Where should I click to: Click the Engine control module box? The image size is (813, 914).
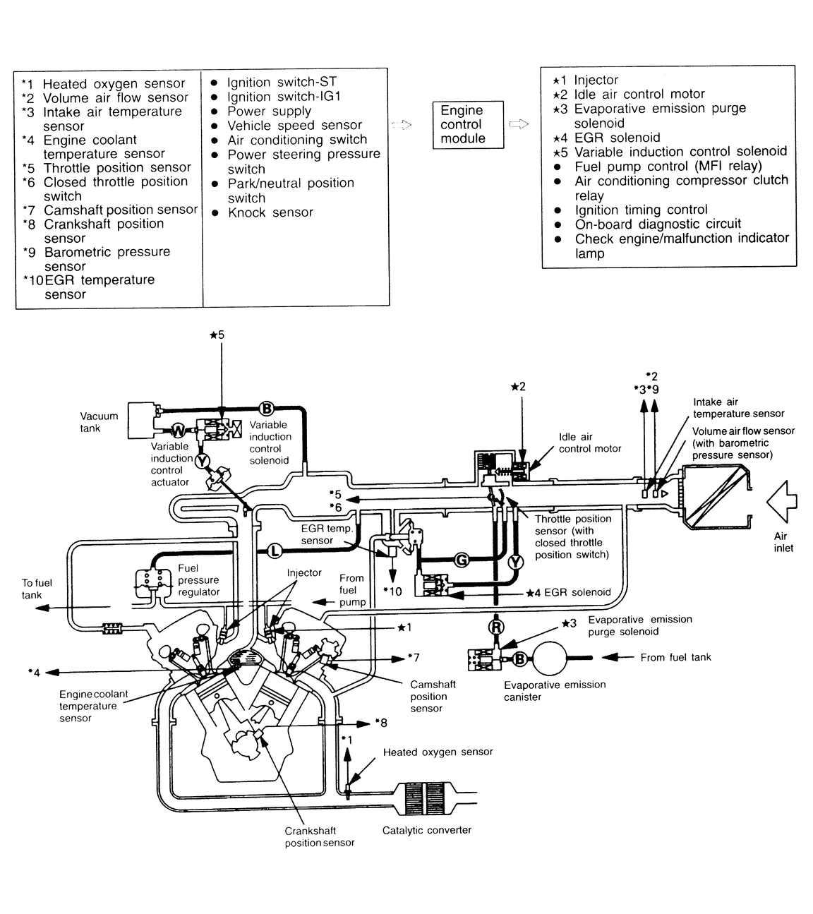point(468,125)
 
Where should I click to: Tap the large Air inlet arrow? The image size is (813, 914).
point(782,500)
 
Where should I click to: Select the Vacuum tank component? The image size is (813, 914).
point(142,421)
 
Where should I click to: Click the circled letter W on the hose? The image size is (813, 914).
point(179,430)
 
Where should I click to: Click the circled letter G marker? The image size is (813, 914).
point(462,560)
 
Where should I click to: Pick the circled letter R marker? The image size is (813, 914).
point(495,626)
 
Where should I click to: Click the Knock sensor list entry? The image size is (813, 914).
point(270,212)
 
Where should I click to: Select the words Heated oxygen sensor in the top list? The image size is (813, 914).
point(114,84)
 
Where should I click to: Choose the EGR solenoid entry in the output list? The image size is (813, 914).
point(617,138)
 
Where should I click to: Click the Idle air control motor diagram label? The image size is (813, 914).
point(590,443)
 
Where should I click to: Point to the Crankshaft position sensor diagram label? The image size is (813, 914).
point(320,836)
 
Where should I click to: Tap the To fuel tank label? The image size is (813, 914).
point(37,589)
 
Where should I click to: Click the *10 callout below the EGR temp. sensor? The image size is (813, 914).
point(392,591)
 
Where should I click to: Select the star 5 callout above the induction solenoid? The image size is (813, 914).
point(217,335)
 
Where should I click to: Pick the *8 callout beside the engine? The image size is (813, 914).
point(381,723)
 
